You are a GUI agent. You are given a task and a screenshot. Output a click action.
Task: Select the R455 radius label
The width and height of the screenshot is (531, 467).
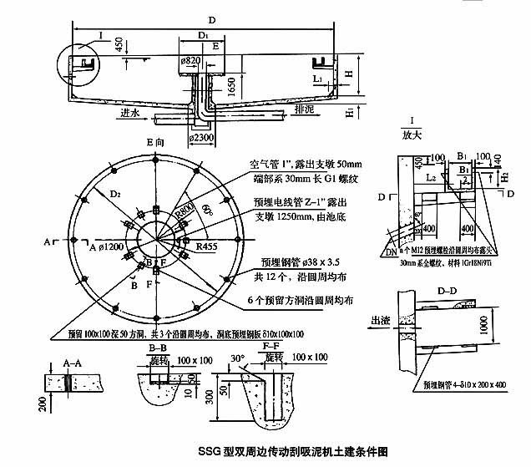tap(207, 247)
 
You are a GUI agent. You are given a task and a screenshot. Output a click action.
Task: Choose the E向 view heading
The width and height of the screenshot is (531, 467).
tap(156, 144)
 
